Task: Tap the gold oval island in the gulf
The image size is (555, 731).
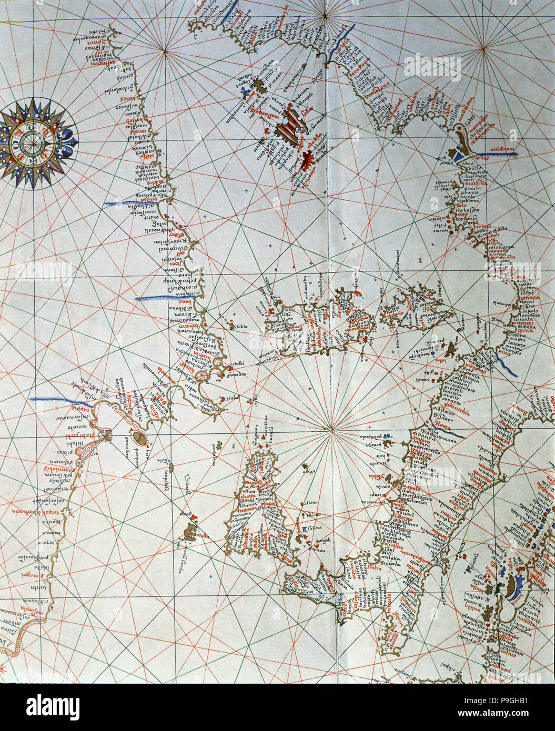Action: click(139, 438)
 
